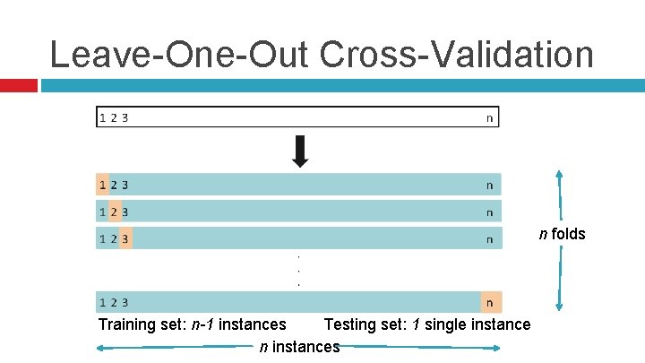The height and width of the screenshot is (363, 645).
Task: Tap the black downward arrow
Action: click(x=301, y=151)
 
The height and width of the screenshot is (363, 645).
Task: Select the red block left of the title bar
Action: click(x=18, y=85)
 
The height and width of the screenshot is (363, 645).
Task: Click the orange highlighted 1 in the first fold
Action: click(x=103, y=186)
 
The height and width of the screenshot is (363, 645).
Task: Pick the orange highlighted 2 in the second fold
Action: click(x=114, y=212)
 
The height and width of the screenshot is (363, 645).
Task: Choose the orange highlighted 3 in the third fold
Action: click(x=125, y=239)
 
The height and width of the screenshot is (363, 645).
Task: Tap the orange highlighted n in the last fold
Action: click(x=490, y=303)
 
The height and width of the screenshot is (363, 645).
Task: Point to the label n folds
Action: click(x=562, y=234)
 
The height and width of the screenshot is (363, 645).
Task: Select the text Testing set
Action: click(x=359, y=324)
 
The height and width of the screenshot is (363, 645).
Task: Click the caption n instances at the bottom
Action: click(x=299, y=347)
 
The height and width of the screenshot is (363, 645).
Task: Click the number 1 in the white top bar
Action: click(x=103, y=117)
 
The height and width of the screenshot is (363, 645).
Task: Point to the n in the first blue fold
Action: click(x=490, y=186)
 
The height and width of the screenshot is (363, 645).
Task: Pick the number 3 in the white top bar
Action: click(x=125, y=117)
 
